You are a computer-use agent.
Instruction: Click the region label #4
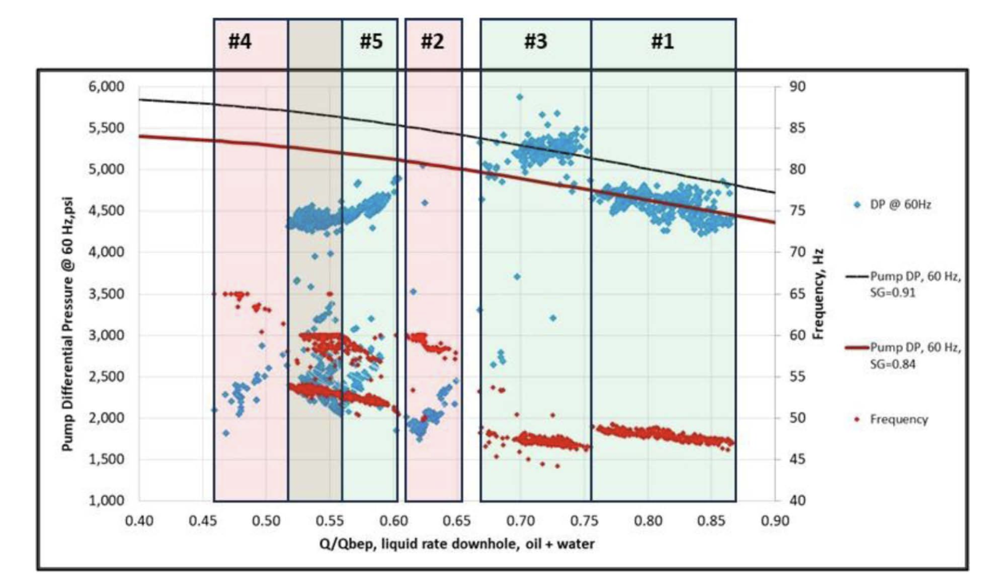click(240, 42)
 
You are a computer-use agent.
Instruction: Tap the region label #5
click(371, 42)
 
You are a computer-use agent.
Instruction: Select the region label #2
click(432, 42)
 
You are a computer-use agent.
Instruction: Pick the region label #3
click(536, 42)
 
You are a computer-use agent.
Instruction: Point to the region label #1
click(662, 42)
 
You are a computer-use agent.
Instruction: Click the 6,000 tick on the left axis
click(106, 87)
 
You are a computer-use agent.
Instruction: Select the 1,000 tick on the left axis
click(106, 500)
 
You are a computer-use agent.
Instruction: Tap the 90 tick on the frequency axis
click(797, 87)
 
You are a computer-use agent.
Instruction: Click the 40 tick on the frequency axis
click(797, 500)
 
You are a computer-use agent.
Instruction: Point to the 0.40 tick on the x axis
click(139, 521)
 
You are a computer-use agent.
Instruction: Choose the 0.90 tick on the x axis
click(775, 521)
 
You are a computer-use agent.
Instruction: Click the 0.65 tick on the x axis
click(457, 521)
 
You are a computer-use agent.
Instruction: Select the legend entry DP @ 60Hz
click(900, 205)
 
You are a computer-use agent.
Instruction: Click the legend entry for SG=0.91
click(915, 284)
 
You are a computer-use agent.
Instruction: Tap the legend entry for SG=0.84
click(915, 355)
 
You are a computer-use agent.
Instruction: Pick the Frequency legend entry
click(898, 420)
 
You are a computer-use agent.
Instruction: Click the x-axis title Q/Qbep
click(456, 544)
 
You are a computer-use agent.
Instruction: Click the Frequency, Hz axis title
click(818, 294)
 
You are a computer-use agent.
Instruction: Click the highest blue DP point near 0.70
click(520, 97)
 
